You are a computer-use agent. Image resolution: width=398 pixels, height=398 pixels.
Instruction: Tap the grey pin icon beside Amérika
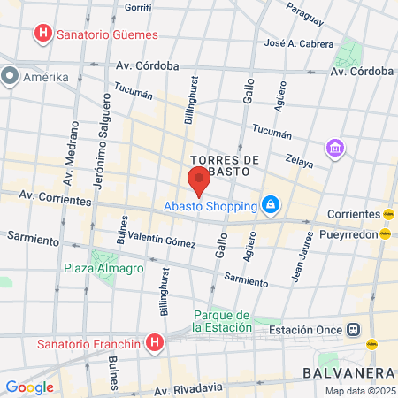[11, 77]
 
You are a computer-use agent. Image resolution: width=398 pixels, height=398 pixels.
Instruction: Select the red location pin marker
[198, 182]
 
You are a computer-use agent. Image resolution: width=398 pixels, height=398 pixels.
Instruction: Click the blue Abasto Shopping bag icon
[271, 207]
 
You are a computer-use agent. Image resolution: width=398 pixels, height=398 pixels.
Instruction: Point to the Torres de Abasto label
[224, 165]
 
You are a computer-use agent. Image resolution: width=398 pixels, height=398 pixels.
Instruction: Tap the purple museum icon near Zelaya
[335, 148]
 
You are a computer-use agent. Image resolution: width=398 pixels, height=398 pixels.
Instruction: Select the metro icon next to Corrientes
[388, 214]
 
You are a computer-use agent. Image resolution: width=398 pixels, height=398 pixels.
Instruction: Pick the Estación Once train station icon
[353, 329]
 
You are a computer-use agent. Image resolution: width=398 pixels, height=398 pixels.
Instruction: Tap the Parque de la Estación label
[223, 321]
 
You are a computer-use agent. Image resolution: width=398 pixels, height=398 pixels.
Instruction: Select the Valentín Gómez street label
[162, 241]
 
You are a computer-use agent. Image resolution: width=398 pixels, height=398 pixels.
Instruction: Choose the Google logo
[29, 387]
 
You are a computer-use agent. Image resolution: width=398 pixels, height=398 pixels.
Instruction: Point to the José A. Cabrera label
[299, 42]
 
